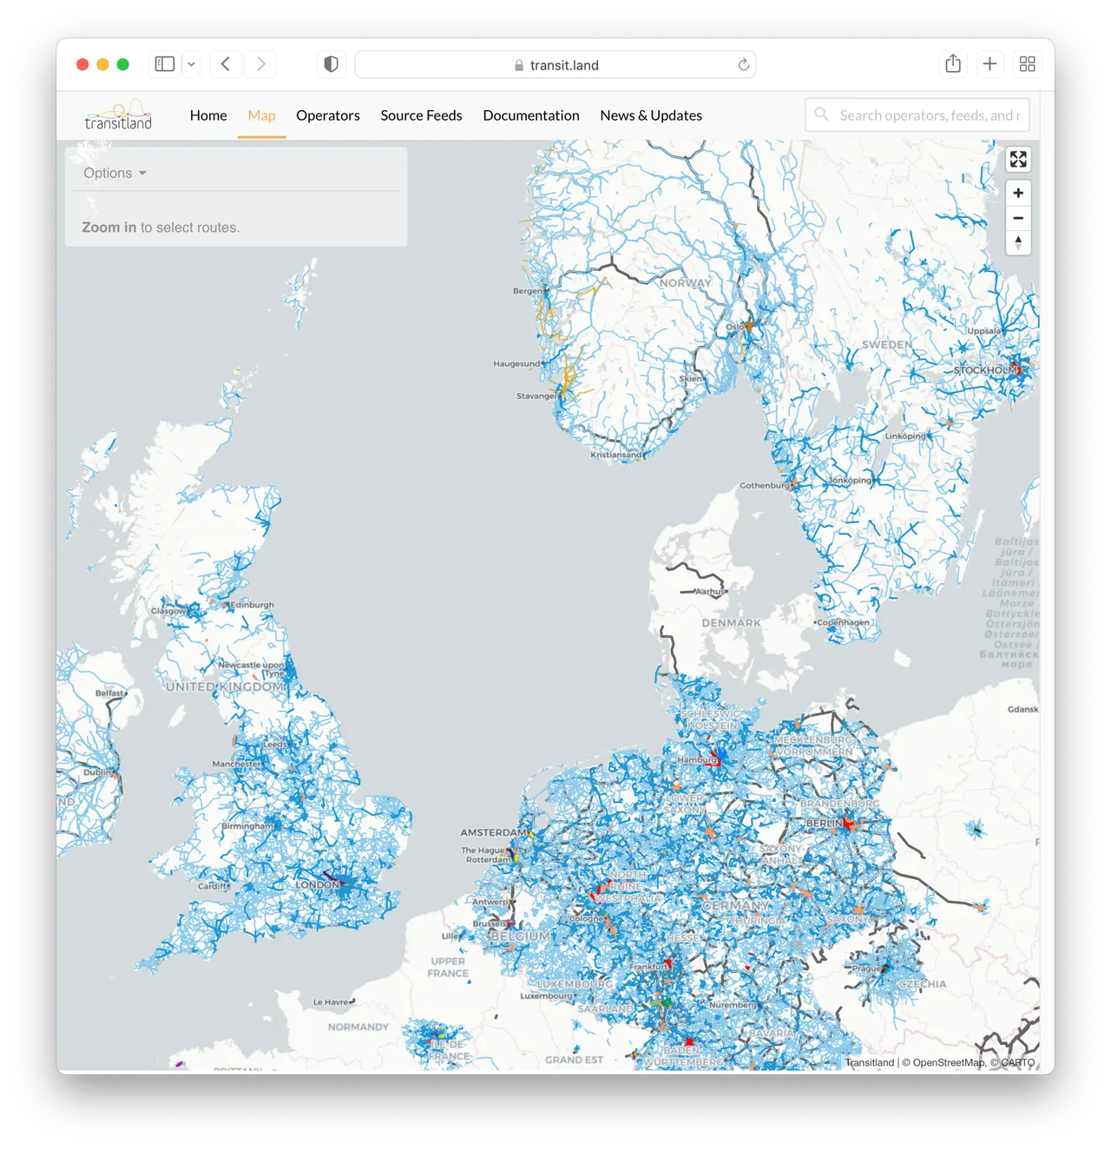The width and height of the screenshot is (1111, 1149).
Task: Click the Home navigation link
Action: point(208,115)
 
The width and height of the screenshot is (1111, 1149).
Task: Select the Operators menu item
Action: point(327,115)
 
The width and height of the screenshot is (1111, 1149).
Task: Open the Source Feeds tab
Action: point(421,115)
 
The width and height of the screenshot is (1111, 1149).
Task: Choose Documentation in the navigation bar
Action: point(531,115)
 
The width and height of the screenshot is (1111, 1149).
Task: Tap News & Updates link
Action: point(651,115)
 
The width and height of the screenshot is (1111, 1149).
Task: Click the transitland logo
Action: point(119,115)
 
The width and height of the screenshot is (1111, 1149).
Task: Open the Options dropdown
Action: point(115,173)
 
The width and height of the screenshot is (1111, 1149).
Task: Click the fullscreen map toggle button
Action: point(1018,160)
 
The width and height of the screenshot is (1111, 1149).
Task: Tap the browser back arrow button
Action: point(226,64)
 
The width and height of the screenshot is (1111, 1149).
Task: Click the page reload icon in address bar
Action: point(744,65)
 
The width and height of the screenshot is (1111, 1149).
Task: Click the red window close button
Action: point(82,64)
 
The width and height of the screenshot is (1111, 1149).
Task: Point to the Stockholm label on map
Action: point(983,371)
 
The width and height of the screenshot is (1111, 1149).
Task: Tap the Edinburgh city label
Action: point(252,605)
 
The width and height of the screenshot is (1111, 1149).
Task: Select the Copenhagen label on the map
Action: point(843,622)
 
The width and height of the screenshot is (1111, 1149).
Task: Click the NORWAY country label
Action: point(685,283)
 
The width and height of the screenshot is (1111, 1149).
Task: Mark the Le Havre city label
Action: point(331,1001)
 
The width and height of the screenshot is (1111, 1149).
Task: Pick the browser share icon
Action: point(953,64)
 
